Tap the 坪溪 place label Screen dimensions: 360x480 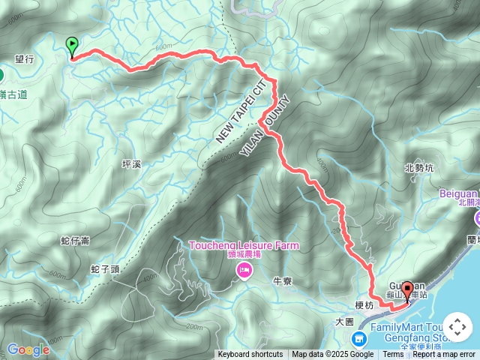(130, 163)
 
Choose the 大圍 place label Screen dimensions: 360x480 (344, 321)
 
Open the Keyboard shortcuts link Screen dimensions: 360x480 (250, 355)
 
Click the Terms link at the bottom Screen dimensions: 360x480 (393, 355)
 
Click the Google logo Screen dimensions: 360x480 (28, 349)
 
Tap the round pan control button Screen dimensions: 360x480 (457, 328)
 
